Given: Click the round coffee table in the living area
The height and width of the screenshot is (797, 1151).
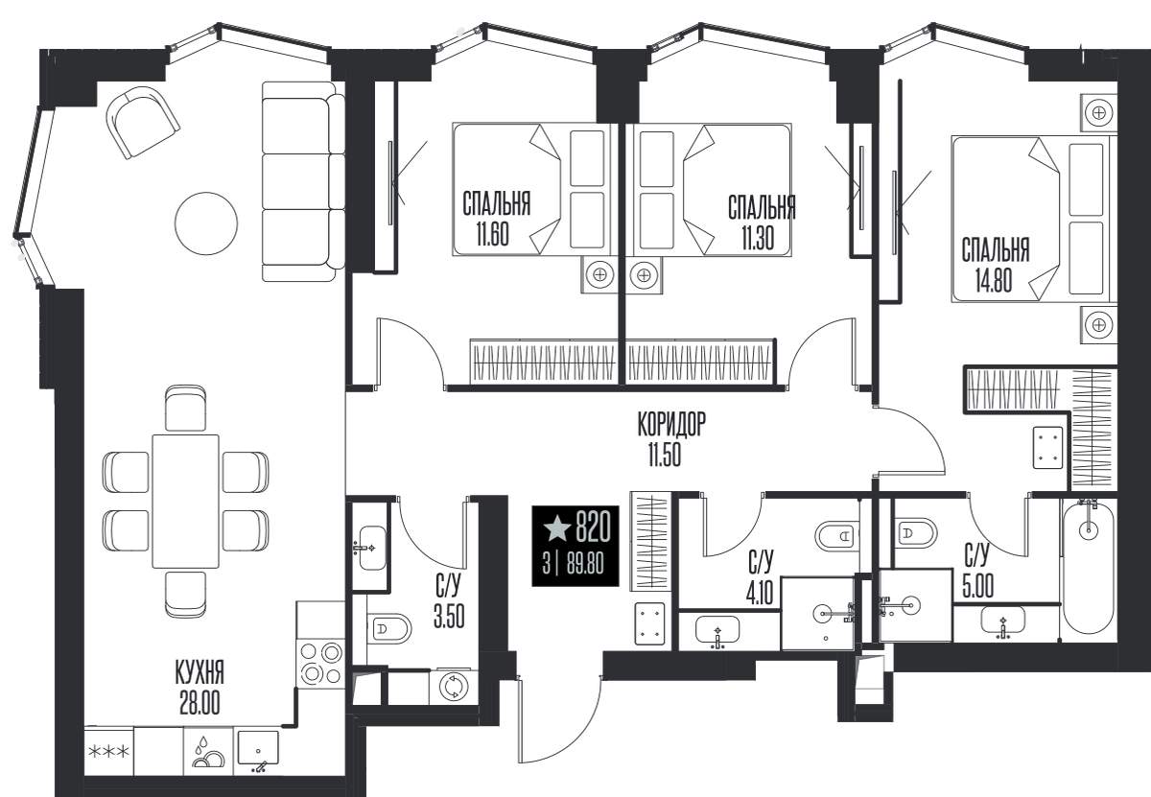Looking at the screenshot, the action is click(206, 223).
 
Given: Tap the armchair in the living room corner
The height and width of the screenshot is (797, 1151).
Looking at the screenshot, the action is click(142, 123).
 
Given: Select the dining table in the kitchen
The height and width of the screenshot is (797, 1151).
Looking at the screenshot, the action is click(185, 501).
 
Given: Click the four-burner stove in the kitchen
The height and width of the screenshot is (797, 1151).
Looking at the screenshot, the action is click(320, 664).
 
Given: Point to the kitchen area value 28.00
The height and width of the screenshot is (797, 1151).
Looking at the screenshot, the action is click(200, 702).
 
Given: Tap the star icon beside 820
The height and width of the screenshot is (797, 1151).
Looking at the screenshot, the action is click(556, 528).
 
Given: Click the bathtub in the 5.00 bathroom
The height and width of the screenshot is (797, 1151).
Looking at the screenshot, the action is click(1088, 568).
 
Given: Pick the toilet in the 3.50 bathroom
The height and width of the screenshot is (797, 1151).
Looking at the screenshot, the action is click(389, 628).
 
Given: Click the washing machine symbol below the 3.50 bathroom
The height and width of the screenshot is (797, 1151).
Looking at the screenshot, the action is click(454, 687).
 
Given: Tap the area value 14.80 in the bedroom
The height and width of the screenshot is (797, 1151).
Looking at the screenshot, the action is click(994, 281).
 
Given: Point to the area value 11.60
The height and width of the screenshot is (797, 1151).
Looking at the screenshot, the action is click(492, 234).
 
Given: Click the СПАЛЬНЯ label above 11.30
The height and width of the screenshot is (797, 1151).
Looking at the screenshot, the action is click(762, 207).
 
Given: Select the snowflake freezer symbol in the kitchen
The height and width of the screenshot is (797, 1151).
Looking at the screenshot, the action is click(108, 752).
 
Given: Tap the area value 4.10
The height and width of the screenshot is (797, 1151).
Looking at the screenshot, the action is click(759, 594).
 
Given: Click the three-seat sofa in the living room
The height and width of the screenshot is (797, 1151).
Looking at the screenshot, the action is click(303, 181).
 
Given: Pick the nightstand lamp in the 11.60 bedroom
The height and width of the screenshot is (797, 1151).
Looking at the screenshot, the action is click(599, 274).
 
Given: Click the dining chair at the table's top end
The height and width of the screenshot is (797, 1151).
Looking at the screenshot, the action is click(185, 408).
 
